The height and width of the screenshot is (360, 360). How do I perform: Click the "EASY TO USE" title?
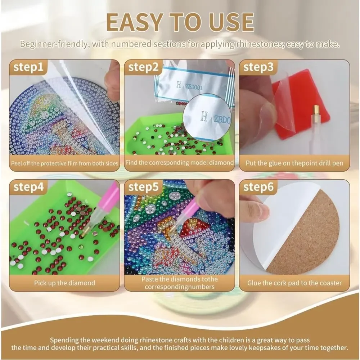(x=180, y=22)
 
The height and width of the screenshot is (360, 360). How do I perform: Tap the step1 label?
(x=28, y=67)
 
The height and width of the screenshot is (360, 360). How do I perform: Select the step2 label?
(x=143, y=67)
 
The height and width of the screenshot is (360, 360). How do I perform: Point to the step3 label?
(x=258, y=67)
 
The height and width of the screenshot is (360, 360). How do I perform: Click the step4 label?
(x=28, y=187)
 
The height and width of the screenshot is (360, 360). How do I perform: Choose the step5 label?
(x=143, y=187)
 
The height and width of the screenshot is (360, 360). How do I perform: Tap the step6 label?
(x=258, y=187)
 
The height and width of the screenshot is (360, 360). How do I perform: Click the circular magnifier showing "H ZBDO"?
(x=207, y=117)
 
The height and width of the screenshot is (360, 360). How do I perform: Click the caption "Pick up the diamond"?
(x=64, y=283)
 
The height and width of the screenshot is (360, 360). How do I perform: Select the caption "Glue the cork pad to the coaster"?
(x=294, y=283)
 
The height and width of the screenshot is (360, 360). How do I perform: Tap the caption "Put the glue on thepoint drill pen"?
(x=294, y=163)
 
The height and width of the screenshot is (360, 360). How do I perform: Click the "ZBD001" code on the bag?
(x=194, y=87)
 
